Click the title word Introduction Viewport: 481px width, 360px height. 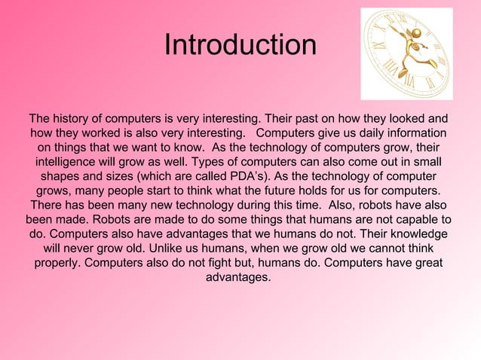click(x=240, y=45)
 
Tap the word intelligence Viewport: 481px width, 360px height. click(x=70, y=162)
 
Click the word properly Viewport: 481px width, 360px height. click(x=57, y=263)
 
